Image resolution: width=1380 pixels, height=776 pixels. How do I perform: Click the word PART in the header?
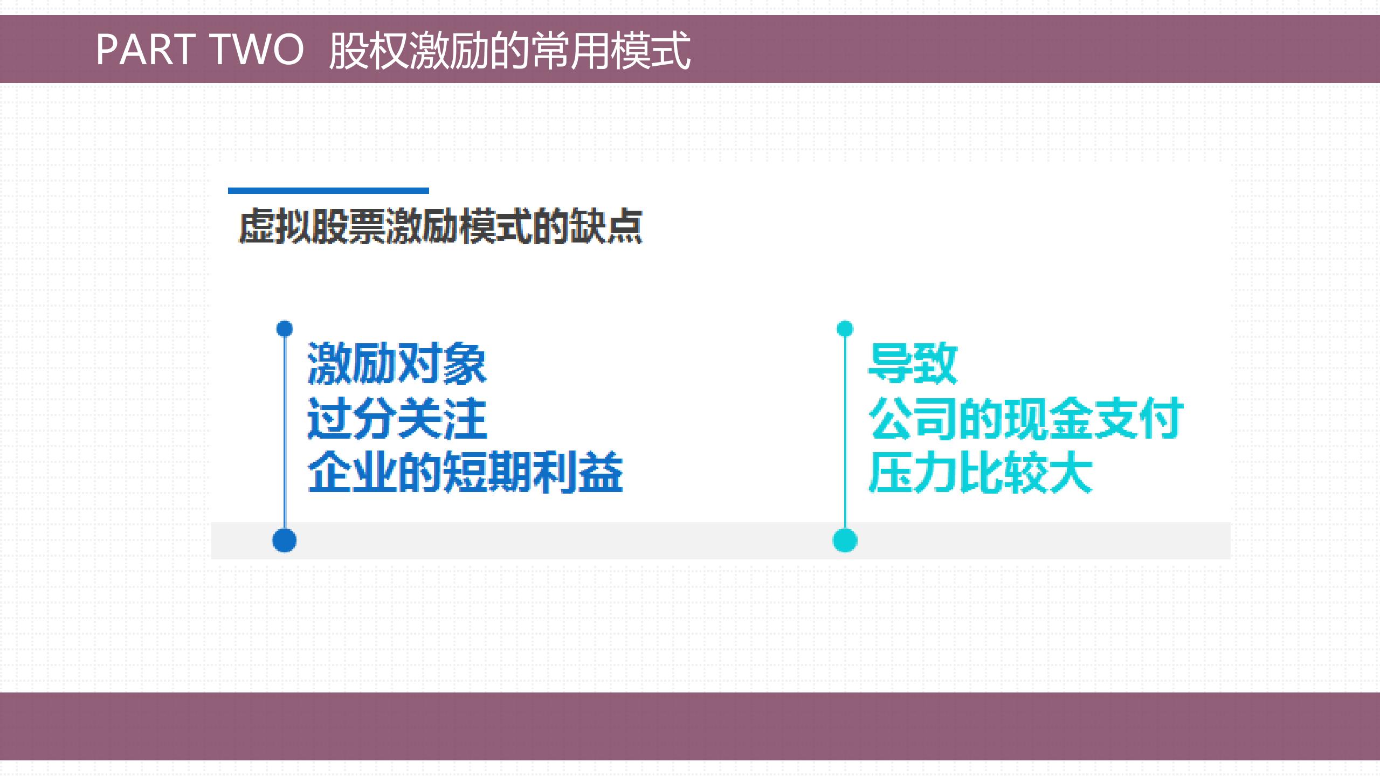(x=146, y=49)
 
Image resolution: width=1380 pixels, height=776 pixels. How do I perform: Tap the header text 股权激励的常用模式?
(x=509, y=50)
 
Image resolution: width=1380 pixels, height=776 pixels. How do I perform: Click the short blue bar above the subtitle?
(x=328, y=190)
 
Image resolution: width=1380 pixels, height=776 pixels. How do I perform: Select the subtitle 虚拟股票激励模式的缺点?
(x=440, y=226)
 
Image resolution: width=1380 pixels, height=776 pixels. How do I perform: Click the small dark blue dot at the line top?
(x=285, y=329)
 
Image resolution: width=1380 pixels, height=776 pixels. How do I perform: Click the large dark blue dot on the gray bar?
(x=285, y=541)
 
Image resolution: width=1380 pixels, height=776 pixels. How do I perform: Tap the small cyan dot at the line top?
(x=845, y=329)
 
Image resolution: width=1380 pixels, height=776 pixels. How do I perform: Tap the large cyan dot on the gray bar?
(x=845, y=541)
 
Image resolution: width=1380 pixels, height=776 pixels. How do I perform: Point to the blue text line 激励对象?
(x=397, y=364)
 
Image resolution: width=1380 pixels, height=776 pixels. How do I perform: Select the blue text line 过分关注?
(x=397, y=418)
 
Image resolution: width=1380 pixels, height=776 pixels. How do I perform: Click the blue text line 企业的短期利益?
(x=465, y=473)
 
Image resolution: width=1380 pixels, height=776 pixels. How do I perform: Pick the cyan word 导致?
(x=913, y=364)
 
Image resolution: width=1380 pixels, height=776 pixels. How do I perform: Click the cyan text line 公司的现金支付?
(x=1025, y=418)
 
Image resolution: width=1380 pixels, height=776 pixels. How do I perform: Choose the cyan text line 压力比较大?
(x=980, y=473)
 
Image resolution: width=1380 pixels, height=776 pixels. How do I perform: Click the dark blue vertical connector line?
(x=285, y=431)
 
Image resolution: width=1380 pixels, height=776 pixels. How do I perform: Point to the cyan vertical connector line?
(x=845, y=431)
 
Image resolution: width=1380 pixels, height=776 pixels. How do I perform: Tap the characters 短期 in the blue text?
(x=488, y=473)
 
